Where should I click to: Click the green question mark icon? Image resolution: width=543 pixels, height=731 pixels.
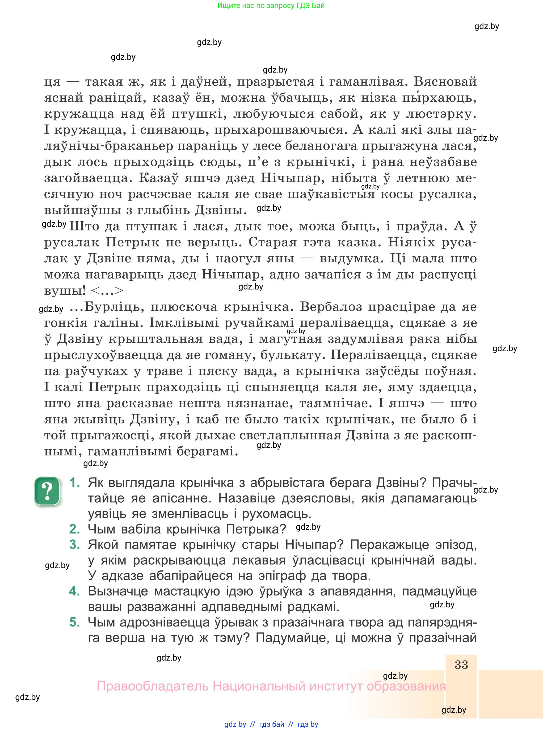(47, 491)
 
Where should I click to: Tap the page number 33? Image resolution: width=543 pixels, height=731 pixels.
(461, 664)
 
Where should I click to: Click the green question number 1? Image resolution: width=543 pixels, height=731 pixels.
(75, 482)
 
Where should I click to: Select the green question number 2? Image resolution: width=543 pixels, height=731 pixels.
(75, 529)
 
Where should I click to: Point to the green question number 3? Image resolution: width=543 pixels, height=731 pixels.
(75, 545)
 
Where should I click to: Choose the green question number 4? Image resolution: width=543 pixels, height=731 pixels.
(75, 591)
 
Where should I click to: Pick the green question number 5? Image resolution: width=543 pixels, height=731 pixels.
(75, 622)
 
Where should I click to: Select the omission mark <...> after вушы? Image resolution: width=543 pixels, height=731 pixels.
(107, 291)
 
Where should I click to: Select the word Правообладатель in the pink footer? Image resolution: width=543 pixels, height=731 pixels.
(153, 686)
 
